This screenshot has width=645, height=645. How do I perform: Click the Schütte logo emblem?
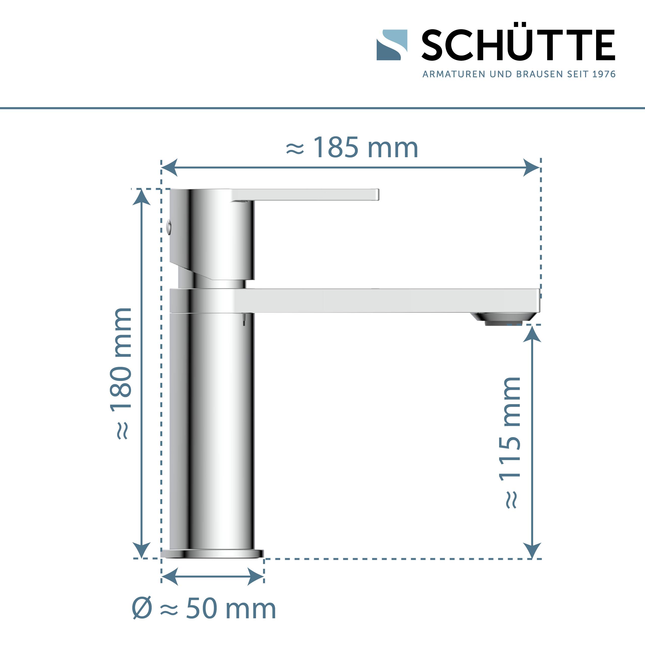click(392, 45)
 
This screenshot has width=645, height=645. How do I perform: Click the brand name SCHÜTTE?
click(518, 45)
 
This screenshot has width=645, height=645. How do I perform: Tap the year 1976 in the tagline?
click(604, 74)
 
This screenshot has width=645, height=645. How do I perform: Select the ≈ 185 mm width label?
click(352, 148)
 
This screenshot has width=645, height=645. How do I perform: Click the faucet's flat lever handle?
click(305, 195)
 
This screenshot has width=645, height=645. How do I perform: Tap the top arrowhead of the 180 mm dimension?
click(142, 197)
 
